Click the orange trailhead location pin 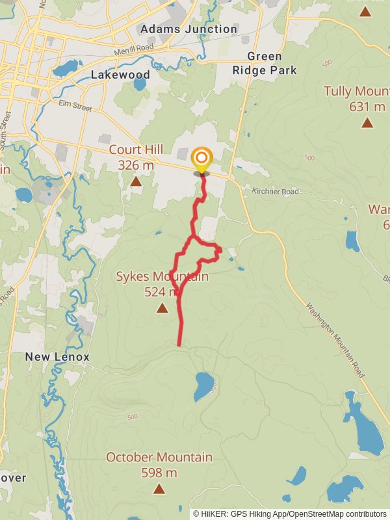click(x=201, y=158)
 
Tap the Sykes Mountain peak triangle click(x=162, y=308)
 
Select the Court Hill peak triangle click(x=136, y=181)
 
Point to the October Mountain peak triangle click(x=159, y=489)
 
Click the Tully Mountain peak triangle click(x=367, y=122)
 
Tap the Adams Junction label click(x=188, y=29)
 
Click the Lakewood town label click(x=120, y=75)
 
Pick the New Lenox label click(x=57, y=357)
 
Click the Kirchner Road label click(x=276, y=192)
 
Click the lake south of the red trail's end click(x=203, y=387)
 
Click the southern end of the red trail click(x=179, y=344)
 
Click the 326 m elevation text click(x=136, y=165)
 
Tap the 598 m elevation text click(x=159, y=473)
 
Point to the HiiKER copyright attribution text click(x=290, y=513)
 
